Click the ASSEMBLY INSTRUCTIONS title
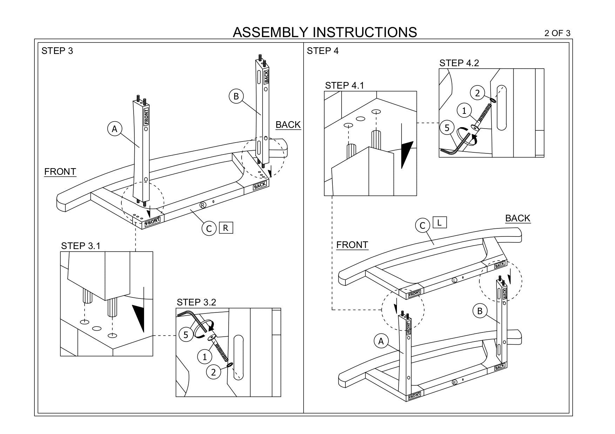tap(325, 32)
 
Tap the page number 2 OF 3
tap(557, 33)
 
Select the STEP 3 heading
tap(57, 51)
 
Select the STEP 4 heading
tap(323, 51)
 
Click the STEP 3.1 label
tap(81, 246)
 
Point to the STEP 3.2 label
tap(196, 302)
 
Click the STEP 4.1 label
tap(345, 85)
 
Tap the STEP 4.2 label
tap(459, 63)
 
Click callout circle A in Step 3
tap(114, 129)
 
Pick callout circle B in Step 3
tap(236, 96)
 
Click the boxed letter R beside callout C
tap(225, 228)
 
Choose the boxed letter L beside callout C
tap(440, 222)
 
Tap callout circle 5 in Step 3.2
tap(185, 335)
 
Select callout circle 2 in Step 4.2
tap(477, 93)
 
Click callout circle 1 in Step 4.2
tap(464, 111)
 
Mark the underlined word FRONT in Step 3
tap(60, 172)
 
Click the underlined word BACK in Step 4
tap(518, 218)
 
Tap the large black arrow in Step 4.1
tap(407, 154)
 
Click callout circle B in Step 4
tap(480, 311)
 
